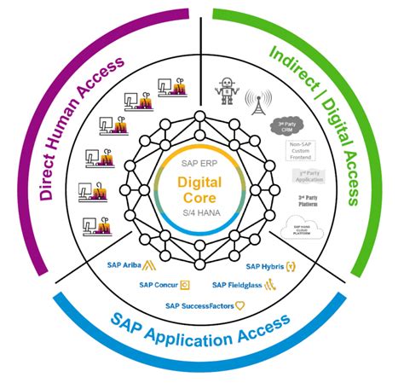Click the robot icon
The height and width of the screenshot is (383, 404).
[225, 86]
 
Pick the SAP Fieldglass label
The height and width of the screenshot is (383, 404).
[238, 284]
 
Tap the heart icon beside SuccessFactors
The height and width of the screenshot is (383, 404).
[240, 305]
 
